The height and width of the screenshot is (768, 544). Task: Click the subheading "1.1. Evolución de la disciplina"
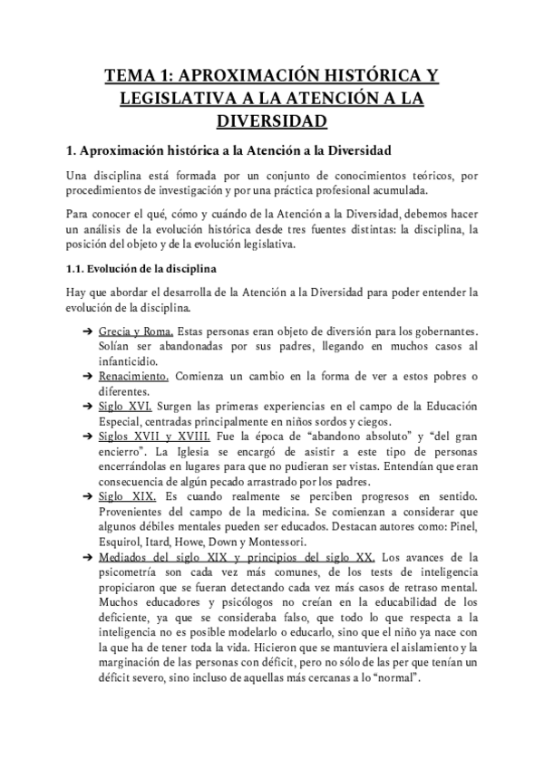tap(141, 269)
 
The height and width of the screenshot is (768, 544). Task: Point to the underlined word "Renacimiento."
tap(133, 376)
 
